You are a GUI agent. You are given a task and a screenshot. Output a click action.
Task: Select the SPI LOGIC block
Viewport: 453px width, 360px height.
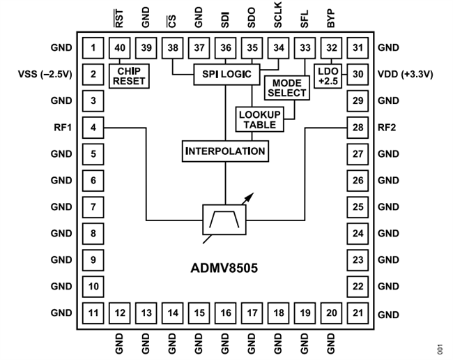point(225,74)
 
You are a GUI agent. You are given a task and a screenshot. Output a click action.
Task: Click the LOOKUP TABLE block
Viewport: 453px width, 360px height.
point(257,119)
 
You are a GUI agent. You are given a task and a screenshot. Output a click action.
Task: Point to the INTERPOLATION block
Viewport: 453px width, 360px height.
point(225,151)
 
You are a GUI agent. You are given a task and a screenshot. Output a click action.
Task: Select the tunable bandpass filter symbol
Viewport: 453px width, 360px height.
point(225,220)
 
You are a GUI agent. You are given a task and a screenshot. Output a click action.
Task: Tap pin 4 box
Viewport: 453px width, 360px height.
point(93,128)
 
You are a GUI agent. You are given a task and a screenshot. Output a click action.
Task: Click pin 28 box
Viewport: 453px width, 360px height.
point(358,128)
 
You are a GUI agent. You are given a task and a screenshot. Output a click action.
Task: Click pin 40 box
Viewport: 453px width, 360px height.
point(119,48)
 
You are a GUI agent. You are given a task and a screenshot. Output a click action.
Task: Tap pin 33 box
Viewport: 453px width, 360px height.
point(305,48)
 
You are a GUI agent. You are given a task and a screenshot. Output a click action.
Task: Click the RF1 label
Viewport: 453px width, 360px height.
point(61,128)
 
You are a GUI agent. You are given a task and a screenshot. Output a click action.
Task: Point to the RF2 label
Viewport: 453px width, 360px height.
point(387,128)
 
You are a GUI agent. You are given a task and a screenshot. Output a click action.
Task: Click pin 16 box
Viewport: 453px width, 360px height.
point(225,313)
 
